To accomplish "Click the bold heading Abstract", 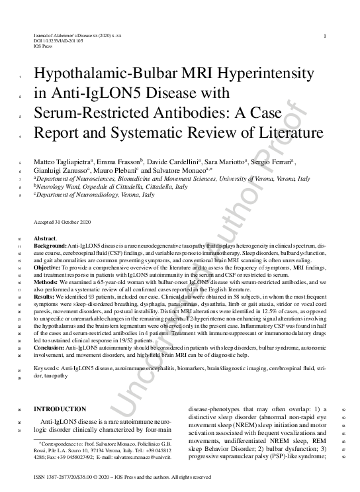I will point(45,238).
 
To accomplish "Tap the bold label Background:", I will point(50,245).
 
